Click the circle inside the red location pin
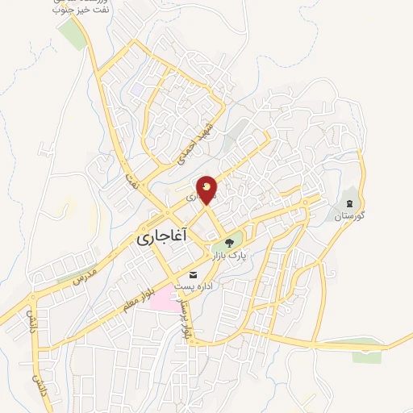207,187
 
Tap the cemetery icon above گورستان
349,202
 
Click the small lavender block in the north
139,89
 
